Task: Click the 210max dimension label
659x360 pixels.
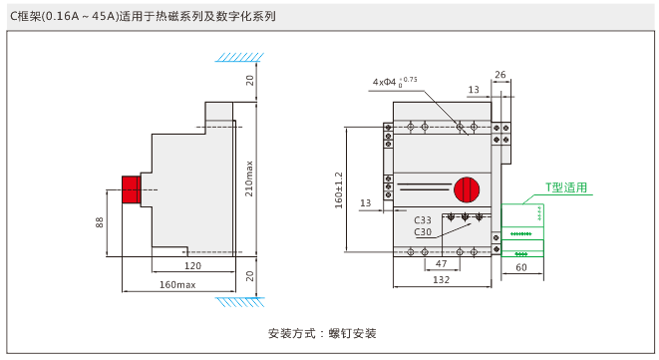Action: pos(249,179)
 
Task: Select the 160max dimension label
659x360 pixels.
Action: pos(177,285)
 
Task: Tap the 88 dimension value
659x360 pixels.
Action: pos(99,222)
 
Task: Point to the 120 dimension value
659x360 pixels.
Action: pos(192,266)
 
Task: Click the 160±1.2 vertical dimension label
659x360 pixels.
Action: pos(339,190)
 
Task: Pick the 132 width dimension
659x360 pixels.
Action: pos(442,279)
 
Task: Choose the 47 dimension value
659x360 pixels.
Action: pos(441,263)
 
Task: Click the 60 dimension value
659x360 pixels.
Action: pos(521,267)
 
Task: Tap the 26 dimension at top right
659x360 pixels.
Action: pos(500,75)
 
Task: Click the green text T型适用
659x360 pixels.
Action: pos(566,187)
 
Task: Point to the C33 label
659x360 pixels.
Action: pos(423,220)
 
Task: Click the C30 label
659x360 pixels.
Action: pos(423,231)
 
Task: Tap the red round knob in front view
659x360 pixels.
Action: pos(467,189)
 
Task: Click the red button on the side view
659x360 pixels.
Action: pos(132,189)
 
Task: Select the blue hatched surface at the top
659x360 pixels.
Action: pos(239,57)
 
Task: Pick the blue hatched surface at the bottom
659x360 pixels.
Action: pos(240,301)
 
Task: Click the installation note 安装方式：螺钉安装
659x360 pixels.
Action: pos(322,333)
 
